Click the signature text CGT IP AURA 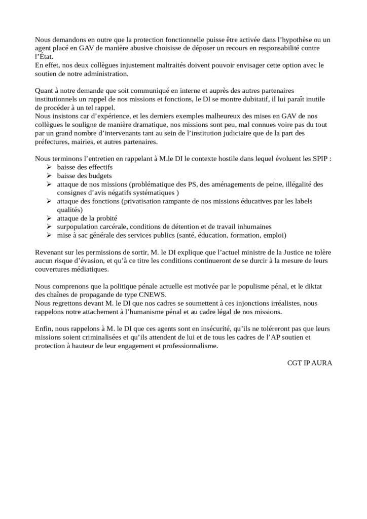309,363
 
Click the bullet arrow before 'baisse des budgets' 49,175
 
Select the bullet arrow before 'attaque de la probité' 49,218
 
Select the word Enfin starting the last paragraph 44,329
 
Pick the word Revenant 51,252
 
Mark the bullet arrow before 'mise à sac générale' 49,235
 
